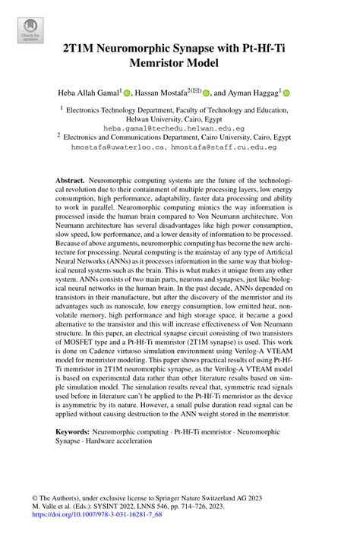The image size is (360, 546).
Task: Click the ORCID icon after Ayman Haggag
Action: tap(286, 93)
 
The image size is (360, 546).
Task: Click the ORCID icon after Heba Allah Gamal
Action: tap(128, 93)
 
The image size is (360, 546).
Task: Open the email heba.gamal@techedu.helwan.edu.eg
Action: tap(179, 129)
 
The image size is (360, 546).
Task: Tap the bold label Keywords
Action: tap(77, 431)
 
